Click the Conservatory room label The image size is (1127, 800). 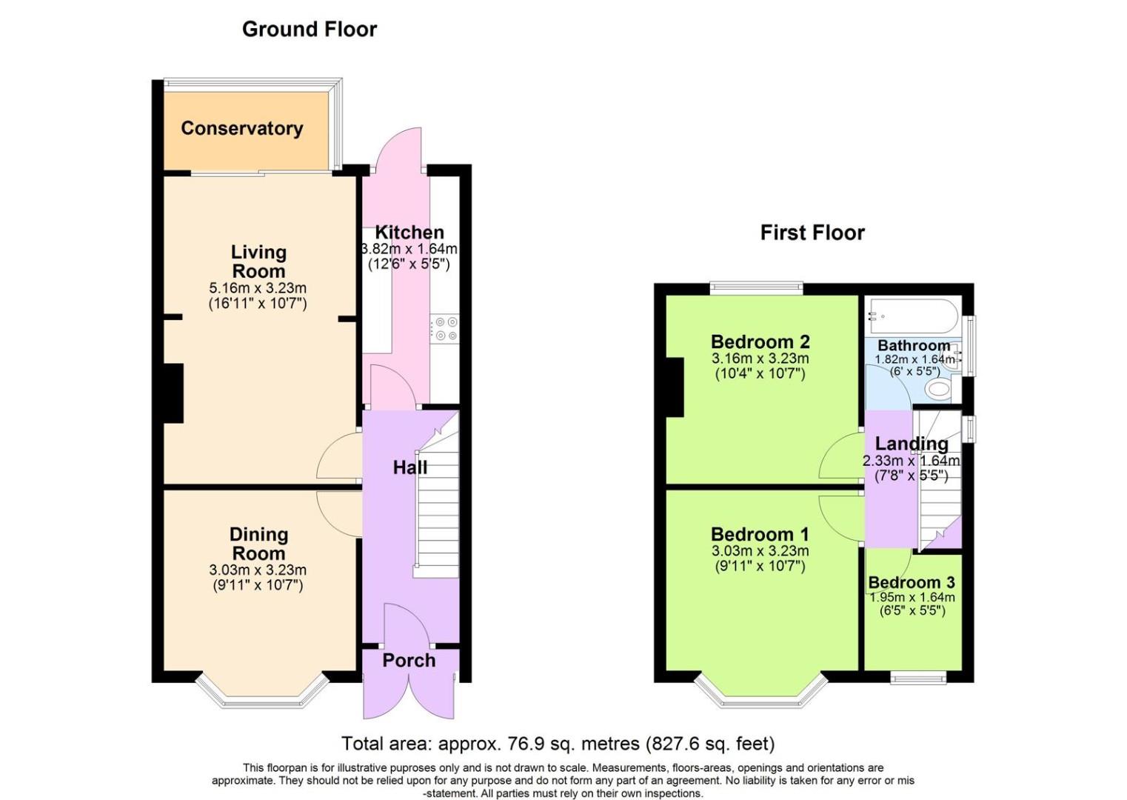[x=241, y=128]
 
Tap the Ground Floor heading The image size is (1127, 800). [x=309, y=29]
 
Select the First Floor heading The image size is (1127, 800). [x=812, y=233]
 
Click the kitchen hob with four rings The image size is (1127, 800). [x=445, y=329]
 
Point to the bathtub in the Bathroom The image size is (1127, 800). [x=913, y=316]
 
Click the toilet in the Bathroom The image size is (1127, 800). [x=938, y=390]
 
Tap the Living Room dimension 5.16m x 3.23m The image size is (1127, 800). [x=258, y=288]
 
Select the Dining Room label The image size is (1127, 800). [x=258, y=544]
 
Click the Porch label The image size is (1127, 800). [x=409, y=660]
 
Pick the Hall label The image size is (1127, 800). [x=409, y=467]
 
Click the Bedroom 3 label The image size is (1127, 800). [x=912, y=582]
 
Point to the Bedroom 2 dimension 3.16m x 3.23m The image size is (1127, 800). [x=760, y=359]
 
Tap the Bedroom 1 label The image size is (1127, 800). [x=760, y=534]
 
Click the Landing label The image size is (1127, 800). [x=912, y=444]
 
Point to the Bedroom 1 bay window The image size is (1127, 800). [x=761, y=693]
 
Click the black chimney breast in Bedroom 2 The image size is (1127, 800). [x=674, y=387]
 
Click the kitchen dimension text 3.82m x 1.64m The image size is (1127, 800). [x=409, y=249]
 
